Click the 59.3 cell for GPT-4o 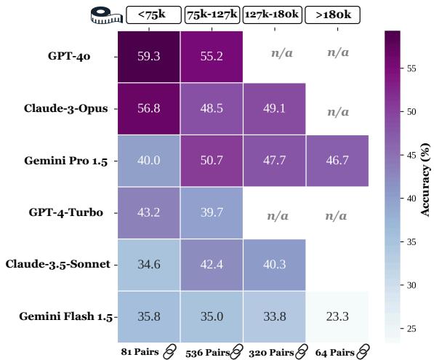click(149, 56)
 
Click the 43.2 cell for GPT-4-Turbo click(149, 212)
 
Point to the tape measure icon click(105, 15)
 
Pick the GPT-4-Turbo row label click(65, 212)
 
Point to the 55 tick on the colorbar click(411, 68)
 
